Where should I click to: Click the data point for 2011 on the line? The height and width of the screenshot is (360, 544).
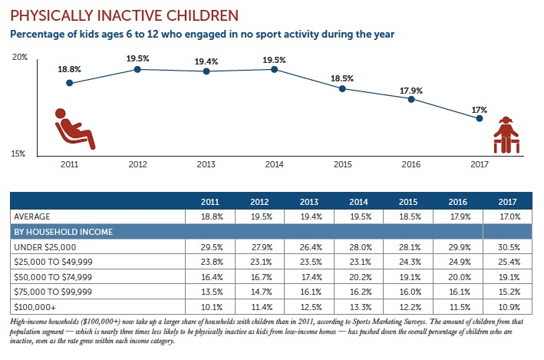click(69, 83)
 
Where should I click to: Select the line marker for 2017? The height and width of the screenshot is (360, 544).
click(480, 118)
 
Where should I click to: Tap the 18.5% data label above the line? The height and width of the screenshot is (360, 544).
click(343, 78)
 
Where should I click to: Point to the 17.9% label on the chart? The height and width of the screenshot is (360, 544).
click(411, 88)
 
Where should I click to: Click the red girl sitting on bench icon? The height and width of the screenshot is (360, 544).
click(505, 134)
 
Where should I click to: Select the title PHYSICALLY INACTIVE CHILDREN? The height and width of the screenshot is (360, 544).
click(123, 15)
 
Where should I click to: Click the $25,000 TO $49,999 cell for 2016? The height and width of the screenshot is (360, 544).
click(460, 263)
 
